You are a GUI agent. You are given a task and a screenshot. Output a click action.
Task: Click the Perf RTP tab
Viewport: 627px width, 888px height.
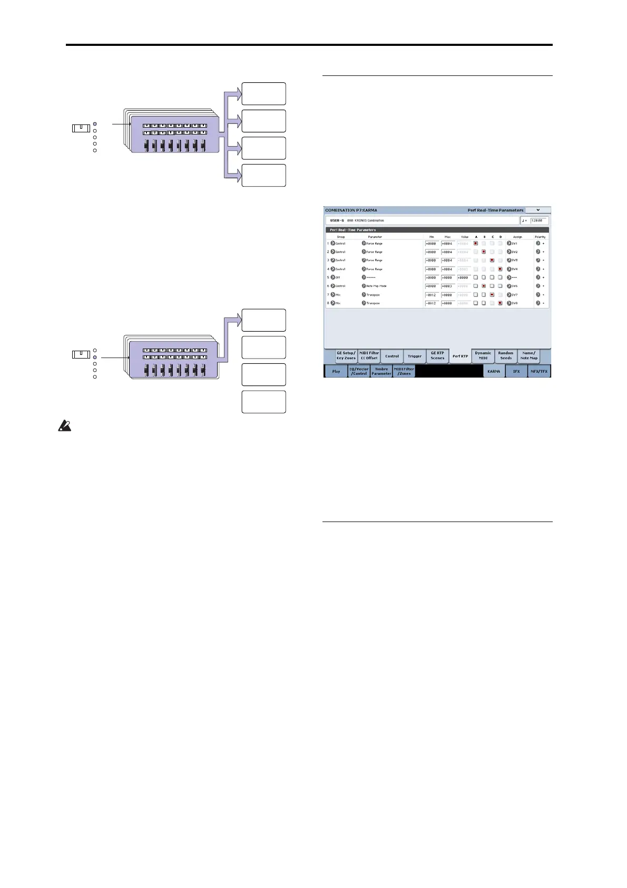[x=460, y=356]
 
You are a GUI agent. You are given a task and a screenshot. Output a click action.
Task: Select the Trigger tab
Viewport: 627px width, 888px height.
[x=415, y=356]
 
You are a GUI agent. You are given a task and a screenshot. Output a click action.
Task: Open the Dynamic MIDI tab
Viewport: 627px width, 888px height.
[x=483, y=356]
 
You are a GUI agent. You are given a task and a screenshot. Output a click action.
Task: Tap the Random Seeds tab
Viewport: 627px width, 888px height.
[x=506, y=356]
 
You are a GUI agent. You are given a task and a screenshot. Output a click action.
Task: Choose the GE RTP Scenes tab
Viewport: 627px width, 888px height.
[x=437, y=356]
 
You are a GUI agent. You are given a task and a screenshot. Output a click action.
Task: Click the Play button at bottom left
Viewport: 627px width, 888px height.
[x=336, y=372]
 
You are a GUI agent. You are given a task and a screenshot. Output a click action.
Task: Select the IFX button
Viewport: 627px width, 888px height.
[x=516, y=372]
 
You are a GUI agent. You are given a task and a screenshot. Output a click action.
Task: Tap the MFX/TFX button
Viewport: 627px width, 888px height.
[x=540, y=372]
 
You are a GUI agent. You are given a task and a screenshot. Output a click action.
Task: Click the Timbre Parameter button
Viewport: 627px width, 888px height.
[x=381, y=372]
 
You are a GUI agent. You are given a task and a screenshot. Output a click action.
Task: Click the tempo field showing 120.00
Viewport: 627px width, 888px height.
[x=540, y=220]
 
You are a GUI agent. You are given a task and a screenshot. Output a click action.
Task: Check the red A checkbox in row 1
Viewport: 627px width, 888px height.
[x=476, y=244]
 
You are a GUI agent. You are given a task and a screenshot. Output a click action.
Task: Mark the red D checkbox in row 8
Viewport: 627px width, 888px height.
[x=500, y=303]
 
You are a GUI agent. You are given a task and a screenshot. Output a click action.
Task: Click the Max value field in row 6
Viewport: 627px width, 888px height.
[x=448, y=286]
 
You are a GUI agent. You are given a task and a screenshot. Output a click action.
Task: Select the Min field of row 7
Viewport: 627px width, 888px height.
[x=432, y=295]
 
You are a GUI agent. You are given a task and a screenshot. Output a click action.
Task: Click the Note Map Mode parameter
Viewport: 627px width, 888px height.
[x=376, y=286]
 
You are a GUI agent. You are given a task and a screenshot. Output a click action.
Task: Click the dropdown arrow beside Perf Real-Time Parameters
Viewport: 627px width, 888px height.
[x=538, y=210]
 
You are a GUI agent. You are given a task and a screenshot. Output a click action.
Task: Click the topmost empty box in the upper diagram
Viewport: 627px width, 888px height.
[x=263, y=94]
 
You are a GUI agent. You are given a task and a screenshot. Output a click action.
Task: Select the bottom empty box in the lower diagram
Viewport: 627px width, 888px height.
[x=263, y=402]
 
